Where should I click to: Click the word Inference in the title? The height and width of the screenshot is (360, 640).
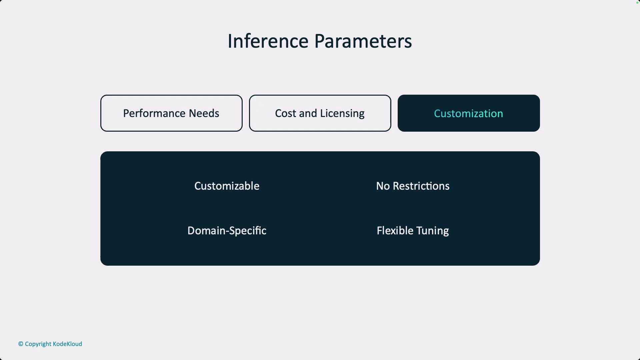[268, 41]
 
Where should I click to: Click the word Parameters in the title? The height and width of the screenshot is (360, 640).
[363, 41]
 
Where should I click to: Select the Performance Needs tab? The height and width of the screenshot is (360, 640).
[171, 113]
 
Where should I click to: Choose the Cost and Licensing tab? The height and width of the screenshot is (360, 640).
[320, 113]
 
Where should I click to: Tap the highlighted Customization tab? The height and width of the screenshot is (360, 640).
[469, 113]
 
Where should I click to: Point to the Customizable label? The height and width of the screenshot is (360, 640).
[227, 186]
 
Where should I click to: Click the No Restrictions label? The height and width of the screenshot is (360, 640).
[413, 186]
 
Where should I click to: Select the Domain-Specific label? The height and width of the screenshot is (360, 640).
[227, 231]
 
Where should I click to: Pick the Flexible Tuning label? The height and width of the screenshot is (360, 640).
[413, 231]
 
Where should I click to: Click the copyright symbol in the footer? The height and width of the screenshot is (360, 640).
[21, 344]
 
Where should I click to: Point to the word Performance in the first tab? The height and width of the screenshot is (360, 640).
[154, 113]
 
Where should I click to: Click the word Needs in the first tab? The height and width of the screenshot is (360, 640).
[204, 113]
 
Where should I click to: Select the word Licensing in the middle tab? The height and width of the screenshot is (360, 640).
[342, 114]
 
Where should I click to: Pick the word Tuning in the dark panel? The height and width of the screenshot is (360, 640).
[432, 231]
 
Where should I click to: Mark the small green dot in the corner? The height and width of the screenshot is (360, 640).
[637, 2]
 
